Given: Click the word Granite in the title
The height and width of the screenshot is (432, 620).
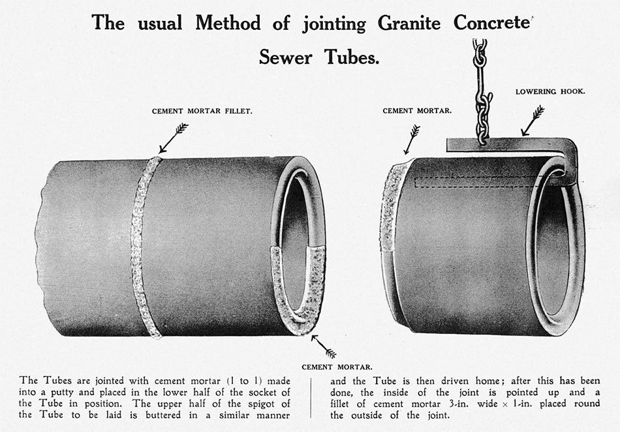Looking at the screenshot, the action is click(409, 23).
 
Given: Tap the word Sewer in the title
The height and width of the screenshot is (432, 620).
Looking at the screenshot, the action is click(285, 57).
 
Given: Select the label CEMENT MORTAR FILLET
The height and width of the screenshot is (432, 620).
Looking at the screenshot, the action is click(202, 112).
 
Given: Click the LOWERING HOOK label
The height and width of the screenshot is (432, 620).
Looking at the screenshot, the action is click(550, 92).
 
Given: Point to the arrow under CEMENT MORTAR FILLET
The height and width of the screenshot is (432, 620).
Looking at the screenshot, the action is click(173, 138).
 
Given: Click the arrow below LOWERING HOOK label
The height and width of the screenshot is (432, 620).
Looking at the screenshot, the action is click(533, 121).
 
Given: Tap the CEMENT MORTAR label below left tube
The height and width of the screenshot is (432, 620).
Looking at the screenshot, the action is click(337, 367).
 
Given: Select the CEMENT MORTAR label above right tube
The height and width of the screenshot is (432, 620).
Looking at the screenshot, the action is click(417, 111).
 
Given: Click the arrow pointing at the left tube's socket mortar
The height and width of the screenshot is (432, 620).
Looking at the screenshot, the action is click(324, 347).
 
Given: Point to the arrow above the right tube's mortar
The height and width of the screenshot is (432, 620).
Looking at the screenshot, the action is click(412, 140).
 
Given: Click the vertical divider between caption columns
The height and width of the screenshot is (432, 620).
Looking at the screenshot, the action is click(311, 397).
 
